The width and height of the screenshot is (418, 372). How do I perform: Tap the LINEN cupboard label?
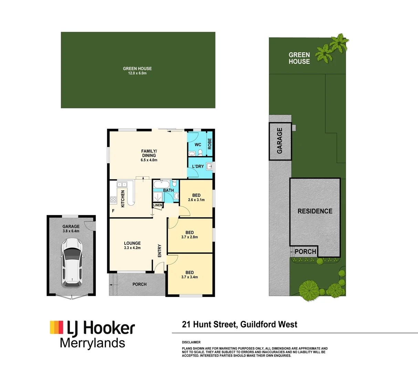pos(158,205)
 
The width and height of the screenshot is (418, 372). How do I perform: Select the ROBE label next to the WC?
pos(209,144)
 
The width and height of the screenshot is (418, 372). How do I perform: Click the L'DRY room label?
pos(198,166)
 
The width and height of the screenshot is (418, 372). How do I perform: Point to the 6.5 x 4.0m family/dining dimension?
pos(149,160)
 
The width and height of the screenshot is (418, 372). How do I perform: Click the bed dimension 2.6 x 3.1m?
pos(196,200)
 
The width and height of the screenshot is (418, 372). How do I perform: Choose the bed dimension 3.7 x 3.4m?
pos(189,277)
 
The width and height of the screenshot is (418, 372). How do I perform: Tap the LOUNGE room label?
pos(132,243)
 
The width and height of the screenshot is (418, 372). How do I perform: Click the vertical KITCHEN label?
pos(123,199)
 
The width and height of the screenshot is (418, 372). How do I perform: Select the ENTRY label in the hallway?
pos(159,251)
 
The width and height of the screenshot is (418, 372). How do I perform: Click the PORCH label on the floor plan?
pos(139,284)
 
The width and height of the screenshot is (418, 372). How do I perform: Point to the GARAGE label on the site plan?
pos(280,141)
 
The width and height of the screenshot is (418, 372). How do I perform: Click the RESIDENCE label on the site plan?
pos(315,211)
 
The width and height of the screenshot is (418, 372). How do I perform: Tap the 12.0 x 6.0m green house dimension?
pos(137,73)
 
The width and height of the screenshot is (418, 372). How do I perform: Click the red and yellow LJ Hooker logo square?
pos(56,327)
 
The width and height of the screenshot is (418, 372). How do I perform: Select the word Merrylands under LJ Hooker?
pos(92,343)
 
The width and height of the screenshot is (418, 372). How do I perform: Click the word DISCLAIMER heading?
pos(191,342)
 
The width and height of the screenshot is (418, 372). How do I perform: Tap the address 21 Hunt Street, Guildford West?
pos(239,324)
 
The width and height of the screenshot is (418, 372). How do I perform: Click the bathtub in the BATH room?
pos(162,184)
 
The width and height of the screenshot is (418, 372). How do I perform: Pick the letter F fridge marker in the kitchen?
pos(113,211)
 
